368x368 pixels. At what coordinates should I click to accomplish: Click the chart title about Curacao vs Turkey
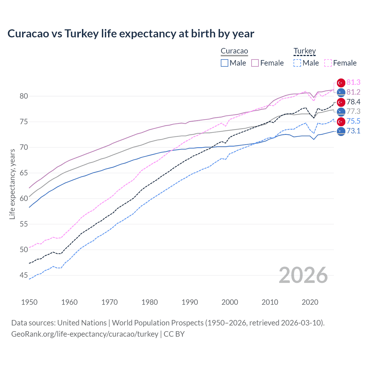(131, 34)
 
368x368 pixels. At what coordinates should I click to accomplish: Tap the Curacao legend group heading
(234, 51)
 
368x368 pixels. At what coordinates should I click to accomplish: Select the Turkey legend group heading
(304, 51)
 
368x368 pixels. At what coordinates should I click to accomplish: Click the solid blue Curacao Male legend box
(225, 63)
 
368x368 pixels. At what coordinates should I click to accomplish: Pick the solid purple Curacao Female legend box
(255, 63)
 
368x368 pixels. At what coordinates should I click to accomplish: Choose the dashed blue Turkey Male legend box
(297, 63)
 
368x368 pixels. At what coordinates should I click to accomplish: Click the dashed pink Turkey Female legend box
(328, 63)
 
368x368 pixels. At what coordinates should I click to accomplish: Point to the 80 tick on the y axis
(24, 96)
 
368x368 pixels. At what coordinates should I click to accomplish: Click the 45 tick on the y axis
(24, 275)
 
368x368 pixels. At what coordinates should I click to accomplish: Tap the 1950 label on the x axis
(29, 302)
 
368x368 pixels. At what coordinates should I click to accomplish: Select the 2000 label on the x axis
(230, 302)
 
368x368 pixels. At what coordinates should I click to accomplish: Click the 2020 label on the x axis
(310, 302)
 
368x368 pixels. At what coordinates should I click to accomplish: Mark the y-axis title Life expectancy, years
(12, 184)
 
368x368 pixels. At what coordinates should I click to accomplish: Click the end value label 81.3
(353, 83)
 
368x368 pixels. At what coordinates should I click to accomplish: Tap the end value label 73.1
(353, 131)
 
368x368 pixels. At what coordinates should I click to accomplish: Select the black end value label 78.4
(353, 102)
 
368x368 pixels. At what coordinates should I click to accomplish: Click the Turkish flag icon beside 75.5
(341, 121)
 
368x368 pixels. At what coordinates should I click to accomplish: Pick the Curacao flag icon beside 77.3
(341, 112)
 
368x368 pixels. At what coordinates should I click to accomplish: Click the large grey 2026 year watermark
(303, 275)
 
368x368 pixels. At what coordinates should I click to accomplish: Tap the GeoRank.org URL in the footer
(85, 334)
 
